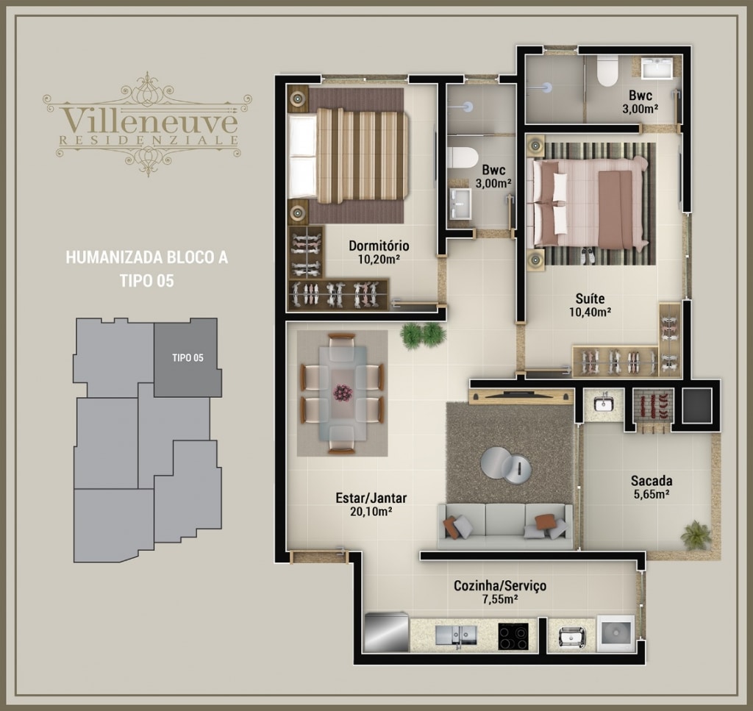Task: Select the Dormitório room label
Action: [379, 246]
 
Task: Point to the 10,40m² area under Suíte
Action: [590, 312]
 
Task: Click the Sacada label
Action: [652, 481]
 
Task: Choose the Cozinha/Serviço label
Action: [500, 586]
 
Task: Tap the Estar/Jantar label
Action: [371, 498]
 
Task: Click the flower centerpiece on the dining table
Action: [343, 393]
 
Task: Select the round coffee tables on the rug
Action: [506, 465]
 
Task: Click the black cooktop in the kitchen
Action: [513, 636]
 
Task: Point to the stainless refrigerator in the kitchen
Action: [386, 632]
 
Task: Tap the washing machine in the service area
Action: [615, 634]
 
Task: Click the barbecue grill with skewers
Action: [653, 405]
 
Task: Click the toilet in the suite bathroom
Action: [607, 71]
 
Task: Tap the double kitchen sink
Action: [456, 635]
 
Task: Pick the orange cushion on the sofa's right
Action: [545, 521]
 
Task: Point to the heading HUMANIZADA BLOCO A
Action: [147, 258]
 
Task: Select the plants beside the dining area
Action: [423, 335]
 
